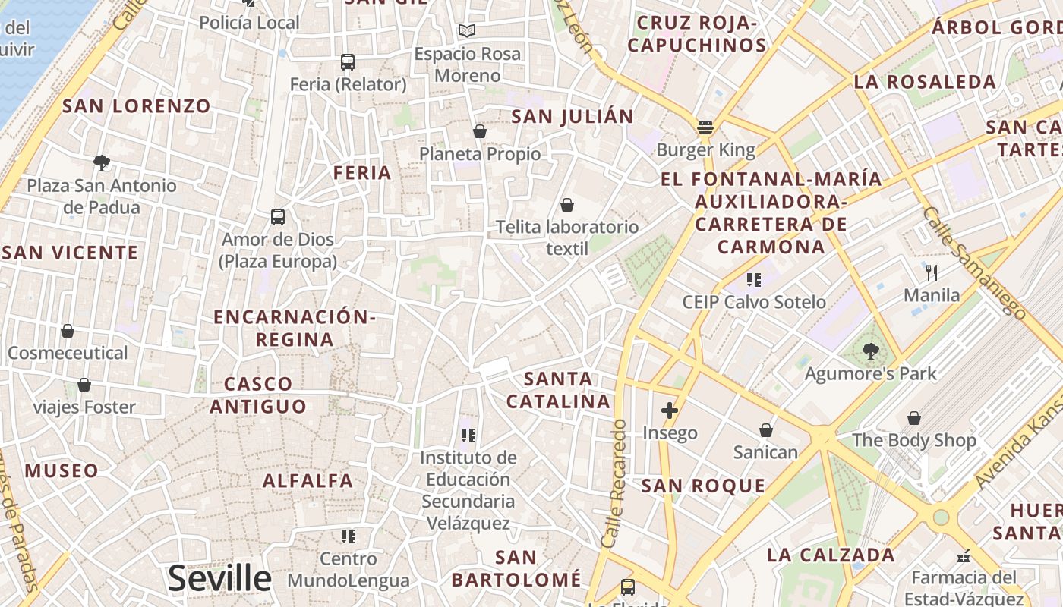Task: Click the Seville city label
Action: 219,579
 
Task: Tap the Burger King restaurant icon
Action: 705,127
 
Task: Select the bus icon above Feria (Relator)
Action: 348,62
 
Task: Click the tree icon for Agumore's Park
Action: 871,351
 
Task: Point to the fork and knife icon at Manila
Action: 932,272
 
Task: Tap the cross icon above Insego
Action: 669,410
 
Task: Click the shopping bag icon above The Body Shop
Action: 914,418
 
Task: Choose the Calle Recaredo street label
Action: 614,483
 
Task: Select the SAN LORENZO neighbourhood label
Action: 137,106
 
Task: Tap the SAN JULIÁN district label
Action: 573,117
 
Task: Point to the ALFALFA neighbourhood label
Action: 308,480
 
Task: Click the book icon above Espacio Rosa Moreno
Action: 467,31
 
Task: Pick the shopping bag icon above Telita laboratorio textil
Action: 566,205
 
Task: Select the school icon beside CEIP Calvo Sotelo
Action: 753,280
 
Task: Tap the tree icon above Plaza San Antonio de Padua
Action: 101,162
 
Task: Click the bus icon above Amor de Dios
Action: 278,217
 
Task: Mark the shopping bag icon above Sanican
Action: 766,430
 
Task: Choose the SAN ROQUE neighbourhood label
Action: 703,486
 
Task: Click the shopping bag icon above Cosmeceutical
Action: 68,331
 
